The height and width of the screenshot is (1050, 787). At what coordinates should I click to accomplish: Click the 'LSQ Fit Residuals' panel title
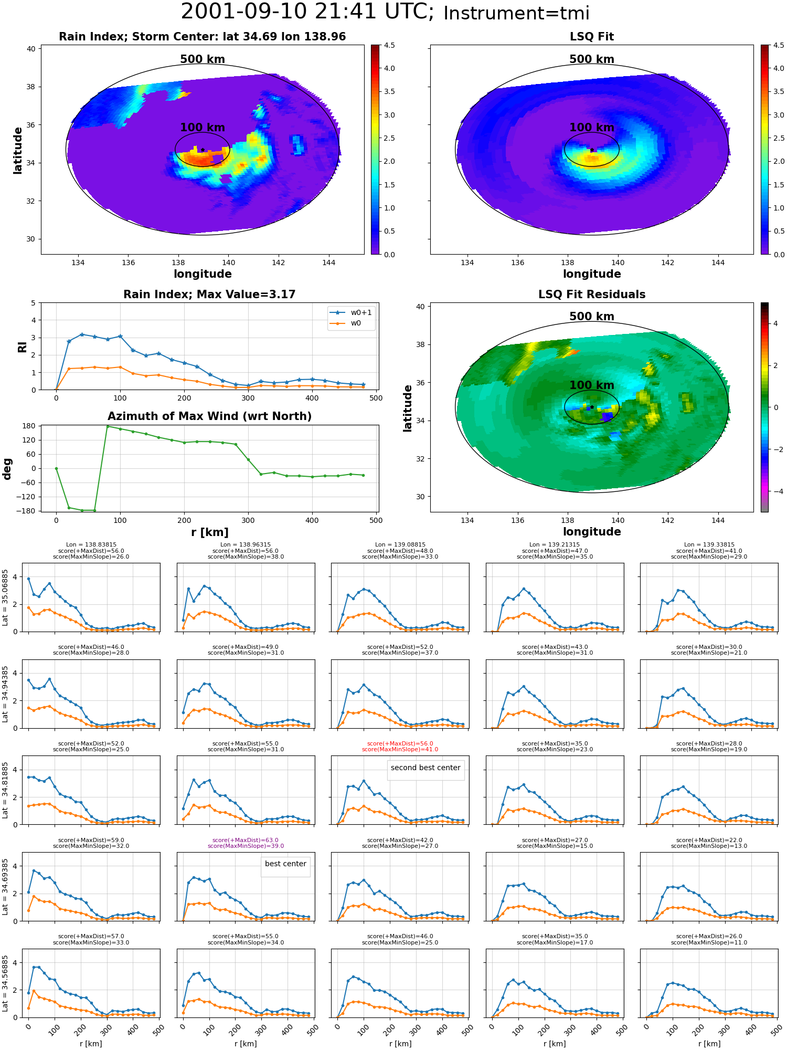pyautogui.click(x=592, y=295)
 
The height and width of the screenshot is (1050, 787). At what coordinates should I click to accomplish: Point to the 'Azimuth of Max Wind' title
pyautogui.click(x=209, y=416)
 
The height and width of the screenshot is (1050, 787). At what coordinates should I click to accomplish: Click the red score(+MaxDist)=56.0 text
pyautogui.click(x=400, y=743)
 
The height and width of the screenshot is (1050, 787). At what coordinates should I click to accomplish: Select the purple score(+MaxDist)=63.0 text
pyautogui.click(x=246, y=840)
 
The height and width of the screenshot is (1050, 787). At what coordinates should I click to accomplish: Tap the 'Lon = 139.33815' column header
pyautogui.click(x=709, y=545)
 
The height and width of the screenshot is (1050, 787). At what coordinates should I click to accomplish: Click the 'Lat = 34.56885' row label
pyautogui.click(x=5, y=983)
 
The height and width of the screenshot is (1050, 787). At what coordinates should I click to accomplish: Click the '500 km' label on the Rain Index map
pyautogui.click(x=203, y=59)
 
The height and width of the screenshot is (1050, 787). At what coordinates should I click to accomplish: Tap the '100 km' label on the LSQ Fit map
pyautogui.click(x=592, y=128)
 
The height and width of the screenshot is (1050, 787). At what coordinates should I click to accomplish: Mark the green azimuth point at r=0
pyautogui.click(x=56, y=468)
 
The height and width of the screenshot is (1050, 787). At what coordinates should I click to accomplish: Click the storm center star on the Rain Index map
pyautogui.click(x=203, y=150)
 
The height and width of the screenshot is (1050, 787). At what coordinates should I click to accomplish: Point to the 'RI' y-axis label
pyautogui.click(x=22, y=346)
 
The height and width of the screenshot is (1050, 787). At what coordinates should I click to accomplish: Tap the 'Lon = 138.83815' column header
pyautogui.click(x=91, y=545)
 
